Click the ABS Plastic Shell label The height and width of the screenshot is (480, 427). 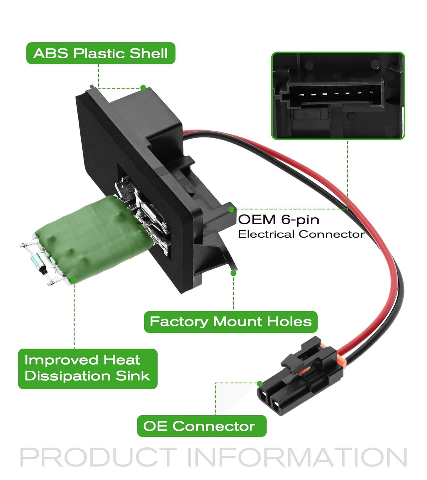[x=101, y=53]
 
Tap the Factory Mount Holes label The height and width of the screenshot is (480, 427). [x=230, y=322]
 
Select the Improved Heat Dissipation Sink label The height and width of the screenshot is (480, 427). [x=87, y=368]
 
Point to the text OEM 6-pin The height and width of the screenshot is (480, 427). [x=279, y=220]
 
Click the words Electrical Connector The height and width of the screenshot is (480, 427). [x=301, y=234]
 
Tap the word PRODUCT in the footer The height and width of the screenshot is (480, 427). [x=98, y=458]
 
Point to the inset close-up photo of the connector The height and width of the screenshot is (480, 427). [x=338, y=96]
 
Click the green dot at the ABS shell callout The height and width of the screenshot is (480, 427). [x=143, y=88]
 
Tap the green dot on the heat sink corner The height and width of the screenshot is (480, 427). [x=74, y=280]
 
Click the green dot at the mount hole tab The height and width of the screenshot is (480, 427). [x=234, y=273]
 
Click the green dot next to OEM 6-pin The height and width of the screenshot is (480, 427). [x=231, y=210]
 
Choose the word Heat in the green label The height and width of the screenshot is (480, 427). [x=122, y=360]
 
